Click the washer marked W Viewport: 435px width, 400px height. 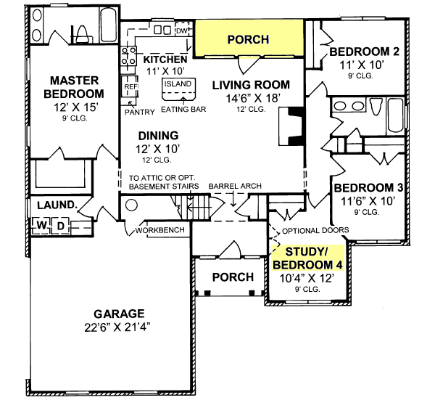click(41, 225)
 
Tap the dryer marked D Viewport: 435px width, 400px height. click(60, 226)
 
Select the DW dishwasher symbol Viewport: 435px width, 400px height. click(182, 30)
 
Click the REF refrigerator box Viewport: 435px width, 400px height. click(130, 86)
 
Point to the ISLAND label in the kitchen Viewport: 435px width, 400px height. click(178, 83)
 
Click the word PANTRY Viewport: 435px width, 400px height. click(139, 112)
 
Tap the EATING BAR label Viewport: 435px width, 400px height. click(183, 109)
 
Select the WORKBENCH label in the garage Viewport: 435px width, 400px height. click(159, 230)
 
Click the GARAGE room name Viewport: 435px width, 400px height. click(119, 314)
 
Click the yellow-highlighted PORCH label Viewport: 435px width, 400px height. click(248, 39)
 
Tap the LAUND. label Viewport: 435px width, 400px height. click(57, 205)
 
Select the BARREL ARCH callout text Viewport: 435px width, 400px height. click(235, 186)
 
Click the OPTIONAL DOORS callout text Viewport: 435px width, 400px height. click(315, 230)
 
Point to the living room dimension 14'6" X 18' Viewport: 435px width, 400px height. click(253, 98)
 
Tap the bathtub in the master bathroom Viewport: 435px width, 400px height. click(109, 25)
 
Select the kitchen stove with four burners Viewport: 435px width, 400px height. click(129, 57)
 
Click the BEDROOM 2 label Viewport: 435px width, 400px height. click(364, 52)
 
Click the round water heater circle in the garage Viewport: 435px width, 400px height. click(131, 205)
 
